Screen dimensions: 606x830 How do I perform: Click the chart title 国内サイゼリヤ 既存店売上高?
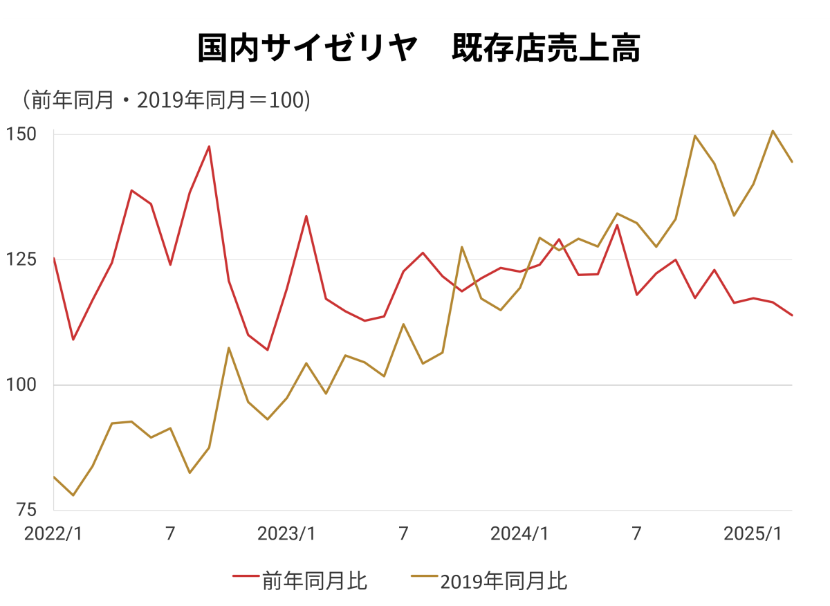[x=419, y=48]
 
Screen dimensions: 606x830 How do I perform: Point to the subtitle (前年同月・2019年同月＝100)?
[x=165, y=100]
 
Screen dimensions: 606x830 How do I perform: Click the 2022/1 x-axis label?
[x=53, y=534]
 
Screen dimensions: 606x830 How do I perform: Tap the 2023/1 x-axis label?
[x=286, y=534]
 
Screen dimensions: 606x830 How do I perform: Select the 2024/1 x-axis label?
[x=519, y=534]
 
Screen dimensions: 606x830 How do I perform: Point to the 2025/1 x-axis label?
[x=753, y=534]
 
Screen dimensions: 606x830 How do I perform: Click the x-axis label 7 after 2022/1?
[x=170, y=534]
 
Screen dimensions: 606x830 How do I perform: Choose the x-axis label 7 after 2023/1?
[x=403, y=534]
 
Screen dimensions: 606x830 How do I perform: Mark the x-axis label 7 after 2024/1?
[x=636, y=534]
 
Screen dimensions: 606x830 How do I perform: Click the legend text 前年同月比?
[x=315, y=580]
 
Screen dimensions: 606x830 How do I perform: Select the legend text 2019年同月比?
[x=504, y=580]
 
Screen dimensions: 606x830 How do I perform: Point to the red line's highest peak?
[x=209, y=146]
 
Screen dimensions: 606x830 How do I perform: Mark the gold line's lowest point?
[x=73, y=495]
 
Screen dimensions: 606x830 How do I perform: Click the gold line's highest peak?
[x=773, y=131]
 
